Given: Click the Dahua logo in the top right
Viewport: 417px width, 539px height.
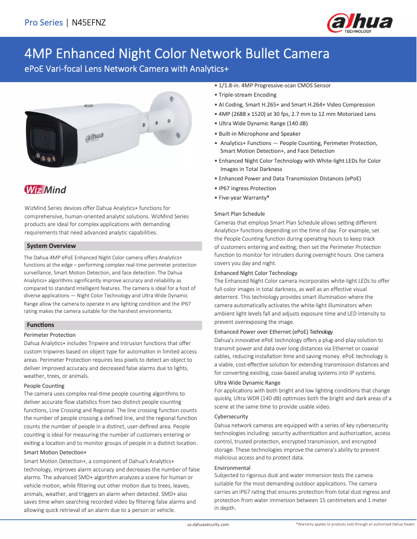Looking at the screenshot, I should [x=359, y=23].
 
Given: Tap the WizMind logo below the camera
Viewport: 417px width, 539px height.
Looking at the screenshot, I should [x=45, y=190].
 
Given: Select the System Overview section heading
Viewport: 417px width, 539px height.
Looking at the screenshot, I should [x=51, y=246].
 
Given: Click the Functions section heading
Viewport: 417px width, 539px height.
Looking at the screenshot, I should [x=40, y=325].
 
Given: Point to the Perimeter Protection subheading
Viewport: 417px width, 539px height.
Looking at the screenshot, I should [x=50, y=335].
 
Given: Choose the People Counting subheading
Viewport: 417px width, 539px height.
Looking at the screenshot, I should [x=44, y=386].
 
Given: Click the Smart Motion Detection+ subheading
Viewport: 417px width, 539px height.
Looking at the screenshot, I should [x=55, y=453].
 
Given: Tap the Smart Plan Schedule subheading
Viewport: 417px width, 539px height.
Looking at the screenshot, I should [x=240, y=214].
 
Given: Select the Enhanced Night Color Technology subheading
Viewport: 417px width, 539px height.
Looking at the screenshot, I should [x=256, y=273].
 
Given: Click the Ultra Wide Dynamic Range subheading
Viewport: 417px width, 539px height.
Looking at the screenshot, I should [x=247, y=383].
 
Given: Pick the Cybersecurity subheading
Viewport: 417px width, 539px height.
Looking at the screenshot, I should [x=231, y=416].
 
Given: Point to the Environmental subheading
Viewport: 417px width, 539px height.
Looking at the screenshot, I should [x=232, y=468].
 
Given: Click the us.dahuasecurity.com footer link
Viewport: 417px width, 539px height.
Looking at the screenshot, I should [x=208, y=525].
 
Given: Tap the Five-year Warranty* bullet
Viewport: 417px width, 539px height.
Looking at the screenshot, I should [x=243, y=198].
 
